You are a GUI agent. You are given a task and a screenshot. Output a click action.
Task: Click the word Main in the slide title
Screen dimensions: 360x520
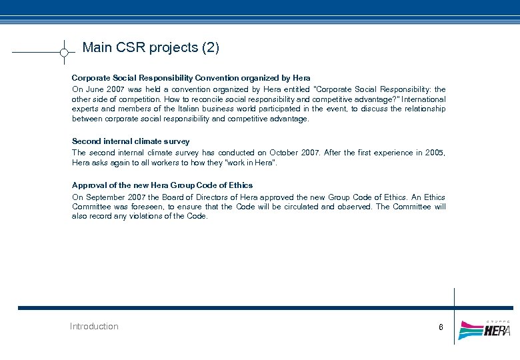[x=97, y=48]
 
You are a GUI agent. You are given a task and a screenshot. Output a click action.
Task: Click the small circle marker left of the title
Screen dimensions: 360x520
[x=63, y=52]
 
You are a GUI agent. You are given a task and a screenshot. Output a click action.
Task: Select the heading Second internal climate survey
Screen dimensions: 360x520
[x=131, y=141]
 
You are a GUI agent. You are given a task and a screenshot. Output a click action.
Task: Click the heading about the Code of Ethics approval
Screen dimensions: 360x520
[x=162, y=185]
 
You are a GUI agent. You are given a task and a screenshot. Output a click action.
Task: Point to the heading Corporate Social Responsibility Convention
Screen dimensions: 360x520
[x=191, y=78]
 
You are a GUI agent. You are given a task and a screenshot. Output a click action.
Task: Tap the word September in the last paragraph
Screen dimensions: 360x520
[x=105, y=197]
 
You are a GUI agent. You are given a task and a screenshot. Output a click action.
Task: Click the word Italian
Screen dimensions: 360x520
[x=198, y=109]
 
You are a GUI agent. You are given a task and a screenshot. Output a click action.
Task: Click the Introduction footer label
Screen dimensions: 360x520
[x=94, y=326]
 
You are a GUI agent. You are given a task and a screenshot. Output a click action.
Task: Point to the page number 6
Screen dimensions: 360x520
[x=441, y=327]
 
